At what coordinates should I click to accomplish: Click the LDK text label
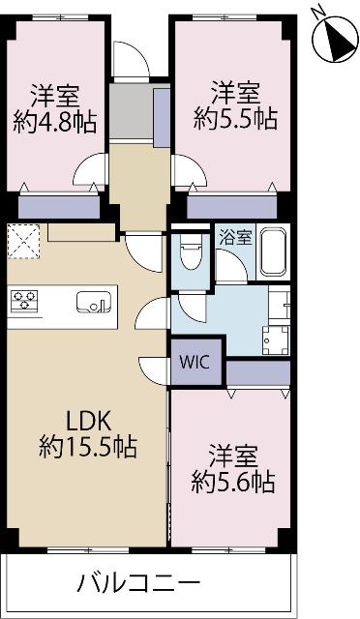[x=89, y=422]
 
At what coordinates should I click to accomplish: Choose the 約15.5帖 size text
[x=89, y=447]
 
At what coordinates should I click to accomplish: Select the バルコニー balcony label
[x=138, y=584]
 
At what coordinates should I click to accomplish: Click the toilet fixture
[x=190, y=255]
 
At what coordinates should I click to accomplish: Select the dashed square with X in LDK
[x=21, y=242]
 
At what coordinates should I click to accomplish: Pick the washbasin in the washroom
[x=276, y=339]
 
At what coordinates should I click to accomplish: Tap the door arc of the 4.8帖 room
[x=92, y=171]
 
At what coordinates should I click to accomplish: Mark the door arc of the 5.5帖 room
[x=189, y=171]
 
